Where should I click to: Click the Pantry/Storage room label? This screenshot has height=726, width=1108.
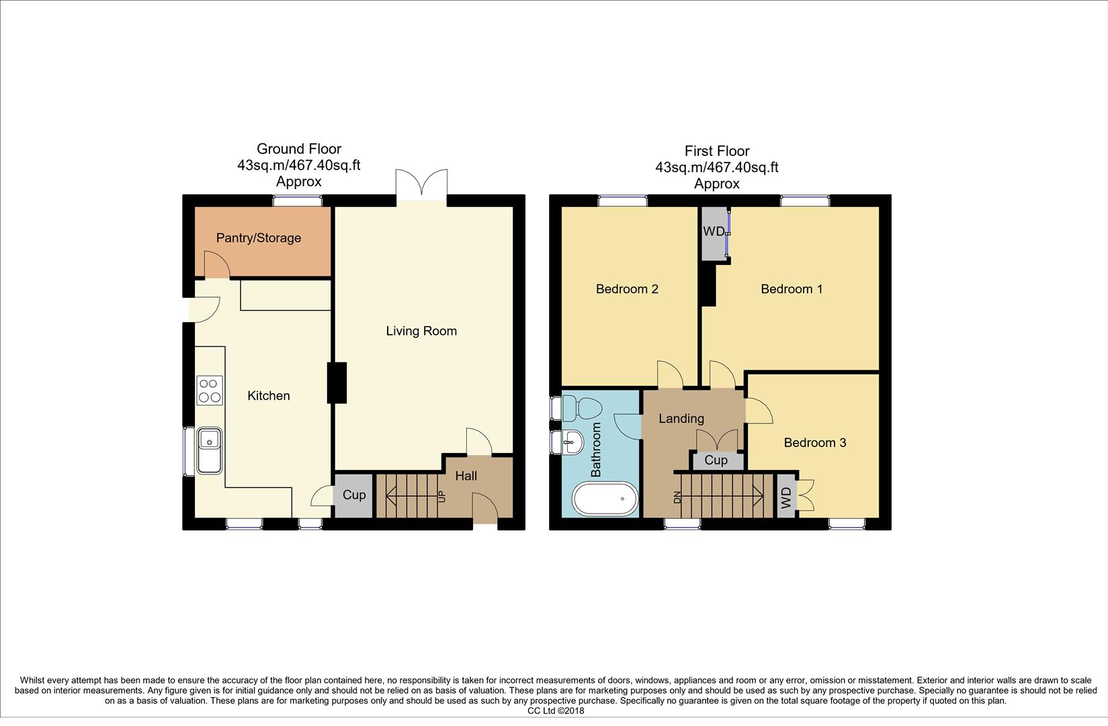coord(258,238)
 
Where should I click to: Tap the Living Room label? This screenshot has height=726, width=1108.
coord(421,331)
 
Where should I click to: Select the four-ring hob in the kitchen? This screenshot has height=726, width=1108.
coord(210,390)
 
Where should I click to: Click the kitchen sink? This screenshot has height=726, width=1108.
coord(210,450)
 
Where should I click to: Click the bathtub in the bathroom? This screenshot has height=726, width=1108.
coord(605,499)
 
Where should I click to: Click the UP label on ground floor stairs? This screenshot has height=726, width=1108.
coord(441,497)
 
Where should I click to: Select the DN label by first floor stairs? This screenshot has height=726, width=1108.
coord(677,497)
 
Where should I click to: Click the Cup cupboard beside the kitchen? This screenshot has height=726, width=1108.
coord(353,495)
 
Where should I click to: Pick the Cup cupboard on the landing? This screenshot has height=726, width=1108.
coord(716,460)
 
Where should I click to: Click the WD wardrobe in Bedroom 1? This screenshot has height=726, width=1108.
coord(714,233)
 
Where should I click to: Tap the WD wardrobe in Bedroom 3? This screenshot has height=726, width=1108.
coord(785,497)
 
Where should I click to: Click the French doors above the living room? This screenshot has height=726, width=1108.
coord(421,183)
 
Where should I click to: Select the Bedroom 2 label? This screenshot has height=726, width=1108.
coord(627,289)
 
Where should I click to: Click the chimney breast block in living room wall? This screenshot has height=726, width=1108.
coord(337,382)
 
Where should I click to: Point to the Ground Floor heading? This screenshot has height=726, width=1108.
coord(298,149)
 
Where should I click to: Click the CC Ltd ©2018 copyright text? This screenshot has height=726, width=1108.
coord(556,711)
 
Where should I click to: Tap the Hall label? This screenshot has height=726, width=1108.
coord(466,476)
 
